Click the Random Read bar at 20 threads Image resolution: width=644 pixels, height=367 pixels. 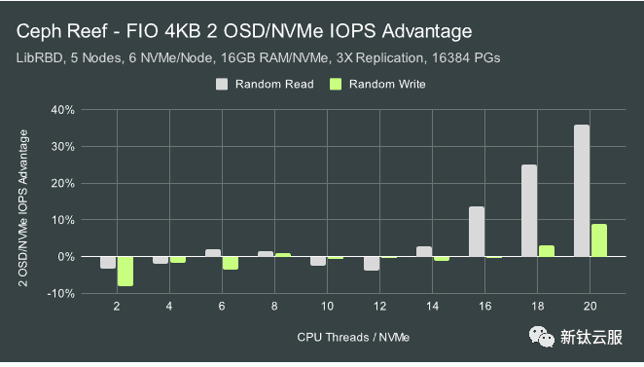tap(582, 191)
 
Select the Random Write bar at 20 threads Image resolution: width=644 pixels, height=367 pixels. tap(598, 240)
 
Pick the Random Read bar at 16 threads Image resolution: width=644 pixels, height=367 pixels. tap(477, 232)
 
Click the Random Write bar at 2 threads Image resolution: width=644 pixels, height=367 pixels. tap(125, 271)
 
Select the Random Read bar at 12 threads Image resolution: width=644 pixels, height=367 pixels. tap(372, 263)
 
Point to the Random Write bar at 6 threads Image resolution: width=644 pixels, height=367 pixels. tap(231, 263)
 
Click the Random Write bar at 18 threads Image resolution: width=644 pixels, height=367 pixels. tap(546, 251)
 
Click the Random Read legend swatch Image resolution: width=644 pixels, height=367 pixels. tap(222, 85)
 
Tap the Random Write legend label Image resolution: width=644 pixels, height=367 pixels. tap(387, 85)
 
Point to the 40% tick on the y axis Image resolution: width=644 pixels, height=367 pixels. tap(62, 110)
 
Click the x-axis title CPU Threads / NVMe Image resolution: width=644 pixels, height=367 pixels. tap(354, 338)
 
